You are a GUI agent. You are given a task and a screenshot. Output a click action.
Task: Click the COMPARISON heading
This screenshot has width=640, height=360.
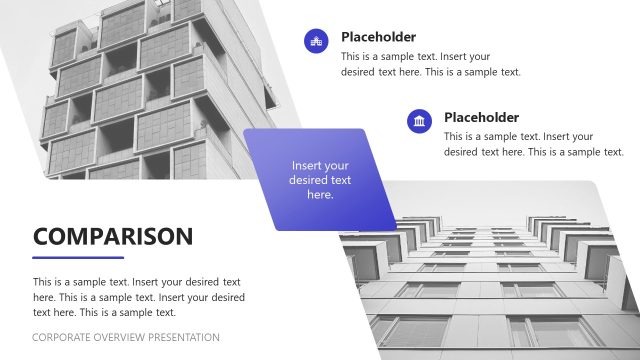[113, 236]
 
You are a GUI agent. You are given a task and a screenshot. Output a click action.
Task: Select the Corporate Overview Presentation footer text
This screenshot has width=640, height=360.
[126, 337]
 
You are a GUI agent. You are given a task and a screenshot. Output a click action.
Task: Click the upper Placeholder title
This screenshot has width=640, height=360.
[378, 37]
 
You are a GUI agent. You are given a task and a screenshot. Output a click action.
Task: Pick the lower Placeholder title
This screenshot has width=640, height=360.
[481, 117]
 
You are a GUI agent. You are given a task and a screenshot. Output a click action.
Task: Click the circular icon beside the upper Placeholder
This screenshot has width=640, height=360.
[317, 41]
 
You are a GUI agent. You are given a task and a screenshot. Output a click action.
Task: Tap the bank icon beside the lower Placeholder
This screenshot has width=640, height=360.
[420, 121]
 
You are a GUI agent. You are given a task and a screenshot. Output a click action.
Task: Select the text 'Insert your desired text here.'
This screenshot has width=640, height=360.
[320, 180]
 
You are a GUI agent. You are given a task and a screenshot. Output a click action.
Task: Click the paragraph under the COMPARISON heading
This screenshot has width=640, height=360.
[138, 297]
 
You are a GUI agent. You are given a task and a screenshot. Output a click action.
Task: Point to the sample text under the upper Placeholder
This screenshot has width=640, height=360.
[430, 64]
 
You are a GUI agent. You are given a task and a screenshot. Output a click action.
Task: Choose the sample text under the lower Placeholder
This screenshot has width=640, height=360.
[533, 144]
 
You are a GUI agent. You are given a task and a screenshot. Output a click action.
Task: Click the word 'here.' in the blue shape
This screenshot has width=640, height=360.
[320, 195]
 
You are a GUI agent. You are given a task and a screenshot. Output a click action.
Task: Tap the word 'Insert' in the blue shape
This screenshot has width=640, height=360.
[306, 165]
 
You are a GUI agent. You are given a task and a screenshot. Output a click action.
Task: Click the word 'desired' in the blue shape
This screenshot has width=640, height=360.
[309, 180]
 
